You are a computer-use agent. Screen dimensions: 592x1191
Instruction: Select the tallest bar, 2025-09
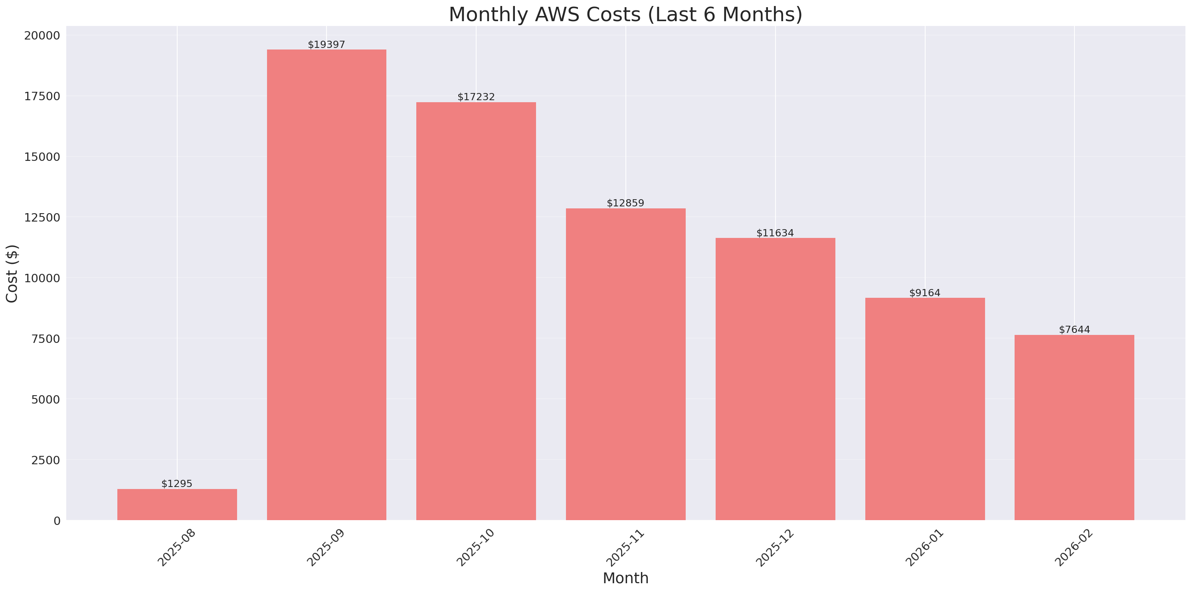click(326, 285)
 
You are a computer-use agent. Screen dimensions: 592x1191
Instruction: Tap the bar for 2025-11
click(625, 364)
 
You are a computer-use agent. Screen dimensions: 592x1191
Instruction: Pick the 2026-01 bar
click(925, 409)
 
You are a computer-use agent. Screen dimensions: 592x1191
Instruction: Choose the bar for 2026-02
click(1074, 428)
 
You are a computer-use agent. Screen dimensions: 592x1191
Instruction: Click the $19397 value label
click(326, 44)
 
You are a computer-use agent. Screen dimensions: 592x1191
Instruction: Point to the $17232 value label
click(476, 97)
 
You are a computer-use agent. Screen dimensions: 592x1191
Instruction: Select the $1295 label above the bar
click(177, 484)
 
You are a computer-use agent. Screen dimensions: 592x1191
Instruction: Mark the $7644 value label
click(1074, 330)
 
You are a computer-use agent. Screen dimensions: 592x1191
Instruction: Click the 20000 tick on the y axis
click(42, 36)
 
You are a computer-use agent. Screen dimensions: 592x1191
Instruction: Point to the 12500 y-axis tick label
click(42, 218)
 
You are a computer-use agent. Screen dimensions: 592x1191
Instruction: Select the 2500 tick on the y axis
click(46, 460)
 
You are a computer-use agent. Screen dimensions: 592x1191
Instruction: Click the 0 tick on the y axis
click(57, 521)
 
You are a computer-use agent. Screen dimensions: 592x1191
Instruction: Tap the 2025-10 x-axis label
click(476, 548)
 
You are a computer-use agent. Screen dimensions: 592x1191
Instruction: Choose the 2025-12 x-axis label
click(775, 548)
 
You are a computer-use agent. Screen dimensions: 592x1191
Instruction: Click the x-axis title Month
click(625, 578)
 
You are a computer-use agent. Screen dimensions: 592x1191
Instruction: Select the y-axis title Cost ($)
click(12, 273)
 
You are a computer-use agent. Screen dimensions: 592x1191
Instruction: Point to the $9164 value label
click(925, 293)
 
